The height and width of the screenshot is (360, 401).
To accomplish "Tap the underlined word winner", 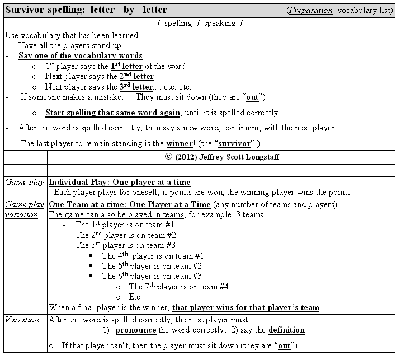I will (178, 143).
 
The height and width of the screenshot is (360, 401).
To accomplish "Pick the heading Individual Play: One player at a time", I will (119, 182).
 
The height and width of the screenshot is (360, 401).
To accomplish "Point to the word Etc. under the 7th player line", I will (135, 297).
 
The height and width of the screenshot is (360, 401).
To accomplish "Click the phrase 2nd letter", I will (136, 77).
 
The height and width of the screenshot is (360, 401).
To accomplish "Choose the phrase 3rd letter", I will (136, 87).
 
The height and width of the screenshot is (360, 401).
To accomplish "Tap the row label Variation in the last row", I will (22, 320).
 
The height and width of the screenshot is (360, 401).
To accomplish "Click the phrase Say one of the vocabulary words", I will (80, 56).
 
